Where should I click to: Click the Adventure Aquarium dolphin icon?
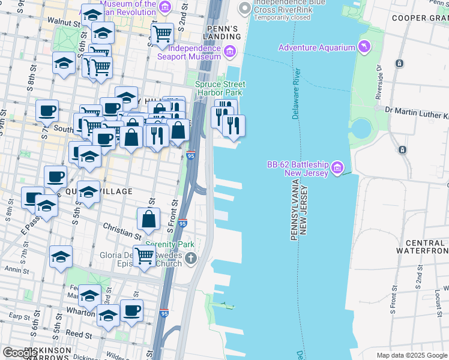(364, 47)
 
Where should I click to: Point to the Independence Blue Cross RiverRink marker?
(244, 8)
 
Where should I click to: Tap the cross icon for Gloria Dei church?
(190, 259)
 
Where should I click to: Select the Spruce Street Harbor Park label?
(218, 89)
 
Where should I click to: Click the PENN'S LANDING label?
(223, 33)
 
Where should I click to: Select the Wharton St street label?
(80, 312)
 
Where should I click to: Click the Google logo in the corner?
(20, 353)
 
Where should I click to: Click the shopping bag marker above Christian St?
(148, 220)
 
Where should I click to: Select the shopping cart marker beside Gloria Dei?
(144, 256)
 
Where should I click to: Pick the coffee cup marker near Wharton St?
(132, 311)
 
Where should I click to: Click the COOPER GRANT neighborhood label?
(420, 18)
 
